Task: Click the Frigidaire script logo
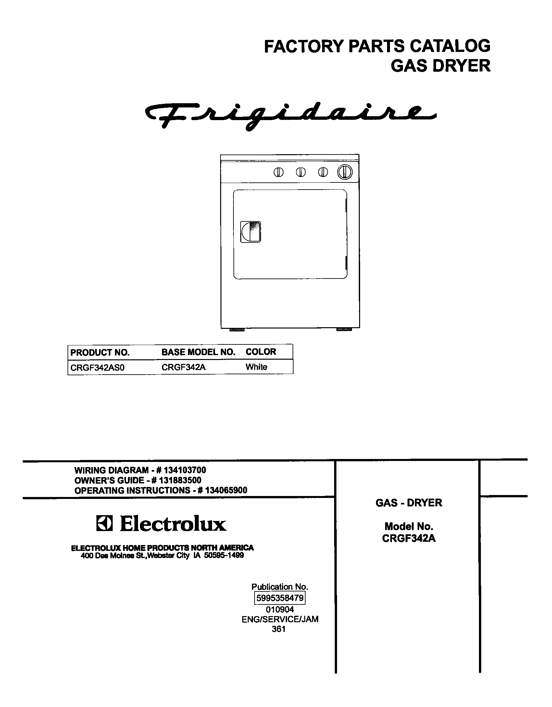point(291,116)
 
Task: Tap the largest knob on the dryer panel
point(345,172)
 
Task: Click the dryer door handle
point(250,232)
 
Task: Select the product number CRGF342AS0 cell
point(97,367)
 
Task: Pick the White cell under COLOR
point(256,367)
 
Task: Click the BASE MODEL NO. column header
point(198,352)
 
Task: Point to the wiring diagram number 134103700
point(185,470)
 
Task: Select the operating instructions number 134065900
point(226,490)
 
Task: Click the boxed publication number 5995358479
point(280,598)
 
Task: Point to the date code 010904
point(280,609)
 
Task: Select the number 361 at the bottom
point(279,629)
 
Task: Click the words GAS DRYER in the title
point(440,66)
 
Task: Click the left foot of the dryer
point(237,329)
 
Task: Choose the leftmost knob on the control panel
point(278,172)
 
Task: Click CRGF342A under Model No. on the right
point(408,538)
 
